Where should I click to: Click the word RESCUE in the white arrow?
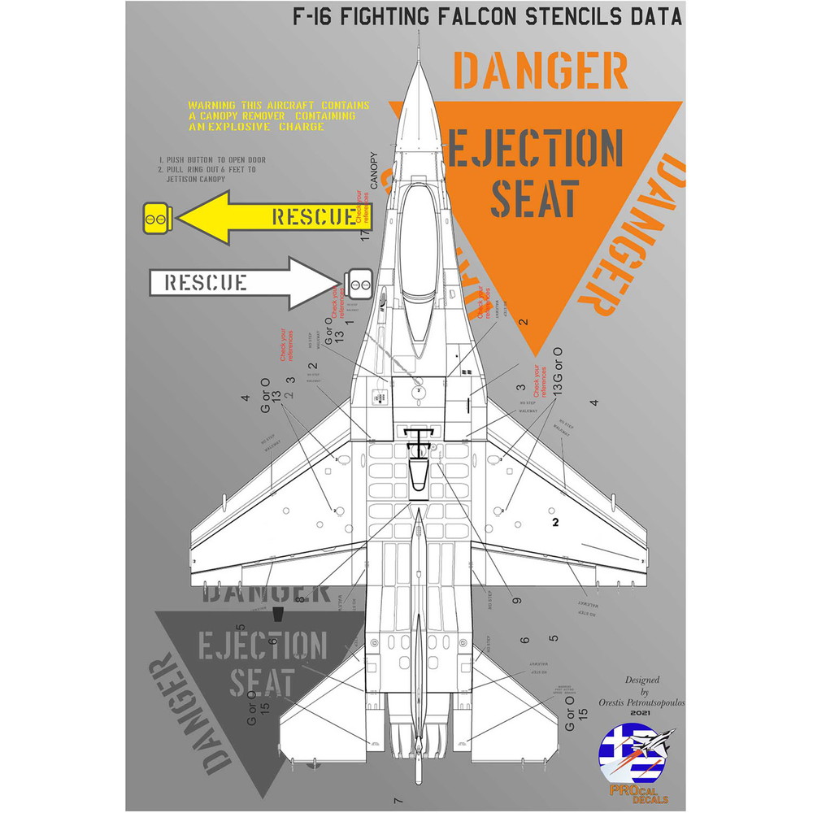pos(206,282)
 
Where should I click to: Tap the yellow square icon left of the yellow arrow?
pos(155,216)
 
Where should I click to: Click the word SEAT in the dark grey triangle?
pos(261,683)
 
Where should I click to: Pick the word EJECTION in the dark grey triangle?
pos(261,646)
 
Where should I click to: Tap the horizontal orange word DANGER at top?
pos(541,71)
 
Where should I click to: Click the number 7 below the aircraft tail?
pos(398,797)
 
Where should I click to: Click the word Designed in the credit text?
pos(641,680)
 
